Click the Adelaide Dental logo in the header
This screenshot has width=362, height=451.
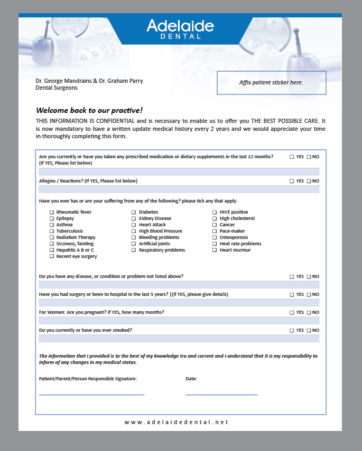point(180,29)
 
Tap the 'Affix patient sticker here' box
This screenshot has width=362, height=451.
point(271,83)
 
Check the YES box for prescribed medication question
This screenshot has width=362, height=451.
point(292,157)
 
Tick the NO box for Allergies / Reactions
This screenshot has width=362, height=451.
point(309,181)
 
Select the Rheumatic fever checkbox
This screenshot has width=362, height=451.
point(52,212)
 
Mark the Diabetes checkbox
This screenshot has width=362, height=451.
point(134,212)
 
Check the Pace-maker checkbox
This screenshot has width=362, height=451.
point(215,231)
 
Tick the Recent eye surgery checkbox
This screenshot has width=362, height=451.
point(52,256)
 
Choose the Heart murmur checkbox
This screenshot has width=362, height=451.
point(215,250)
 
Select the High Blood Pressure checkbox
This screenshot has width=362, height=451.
point(134,231)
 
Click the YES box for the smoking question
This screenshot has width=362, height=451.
point(292,330)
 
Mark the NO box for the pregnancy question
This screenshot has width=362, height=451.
point(309,312)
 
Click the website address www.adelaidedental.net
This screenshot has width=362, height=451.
point(177,422)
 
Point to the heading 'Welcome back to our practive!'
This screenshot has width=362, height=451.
point(89,110)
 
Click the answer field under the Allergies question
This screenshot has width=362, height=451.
point(179,189)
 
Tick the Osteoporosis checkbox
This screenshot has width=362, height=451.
point(215,237)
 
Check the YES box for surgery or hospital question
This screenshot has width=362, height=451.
point(292,294)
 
